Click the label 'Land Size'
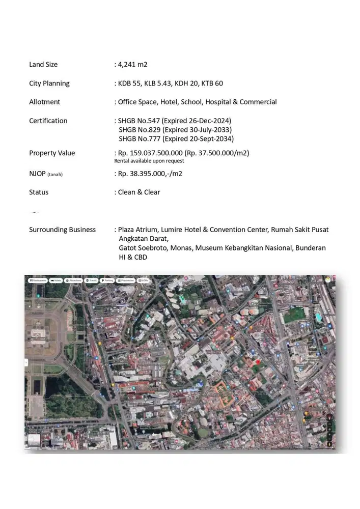pyautogui.click(x=43, y=65)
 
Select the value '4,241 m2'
pyautogui.click(x=132, y=65)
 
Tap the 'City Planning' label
pyautogui.click(x=49, y=83)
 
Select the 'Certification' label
pyautogui.click(x=48, y=121)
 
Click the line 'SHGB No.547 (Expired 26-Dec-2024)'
pyautogui.click(x=175, y=121)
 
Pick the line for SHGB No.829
pyautogui.click(x=175, y=130)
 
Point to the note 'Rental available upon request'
pyautogui.click(x=149, y=161)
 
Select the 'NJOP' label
pyautogui.click(x=37, y=174)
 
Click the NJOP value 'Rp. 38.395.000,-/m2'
pyautogui.click(x=150, y=174)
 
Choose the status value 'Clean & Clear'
pyautogui.click(x=139, y=192)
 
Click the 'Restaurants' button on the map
pyautogui.click(x=38, y=280)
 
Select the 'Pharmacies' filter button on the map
pyautogui.click(x=125, y=280)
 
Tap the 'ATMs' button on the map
pyautogui.click(x=144, y=280)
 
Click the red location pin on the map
pyautogui.click(x=258, y=361)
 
